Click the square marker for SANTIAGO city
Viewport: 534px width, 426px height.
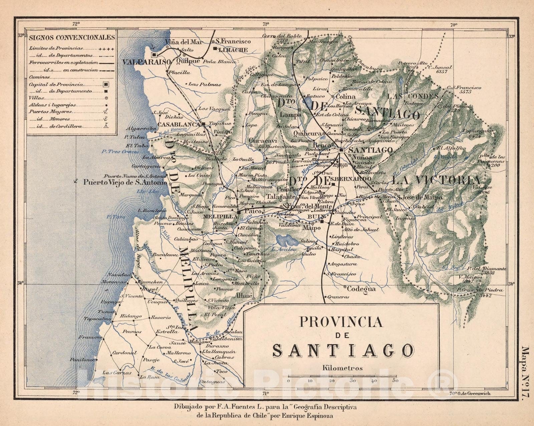tap(341, 150)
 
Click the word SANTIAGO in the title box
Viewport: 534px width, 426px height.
tap(344, 350)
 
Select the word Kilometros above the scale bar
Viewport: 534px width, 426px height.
tap(342, 368)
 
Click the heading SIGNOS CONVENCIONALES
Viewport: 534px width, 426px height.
tap(72, 37)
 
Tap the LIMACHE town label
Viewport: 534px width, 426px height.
tap(232, 50)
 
